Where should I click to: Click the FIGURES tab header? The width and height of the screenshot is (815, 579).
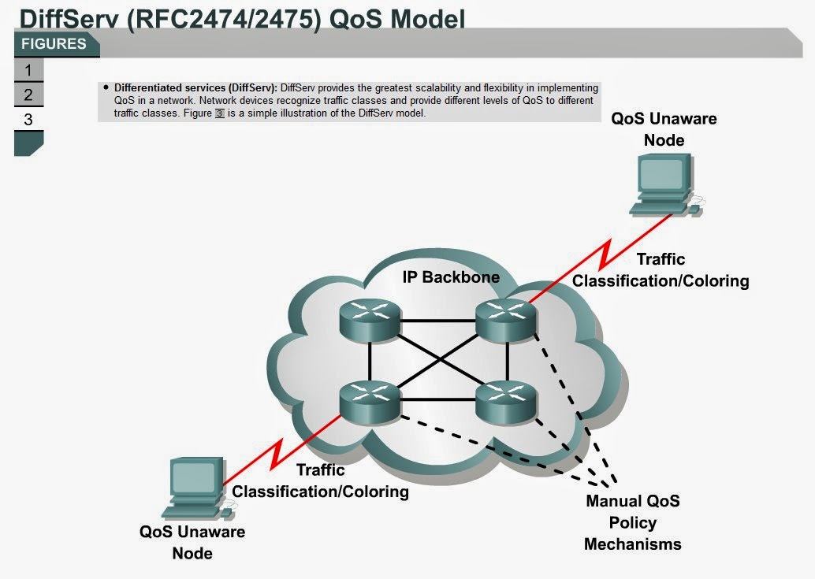point(54,44)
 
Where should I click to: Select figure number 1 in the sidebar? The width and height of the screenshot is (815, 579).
point(28,70)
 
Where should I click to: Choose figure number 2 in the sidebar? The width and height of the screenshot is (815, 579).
point(28,95)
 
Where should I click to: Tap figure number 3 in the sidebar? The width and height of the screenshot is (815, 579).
point(28,121)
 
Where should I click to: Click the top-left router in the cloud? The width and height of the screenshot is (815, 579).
point(370,319)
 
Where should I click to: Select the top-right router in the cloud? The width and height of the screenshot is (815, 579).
point(506,319)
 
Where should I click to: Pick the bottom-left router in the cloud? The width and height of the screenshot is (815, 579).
point(370,399)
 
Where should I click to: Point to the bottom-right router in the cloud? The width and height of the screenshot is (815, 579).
point(506,399)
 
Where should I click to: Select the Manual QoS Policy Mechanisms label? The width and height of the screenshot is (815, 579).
point(632,522)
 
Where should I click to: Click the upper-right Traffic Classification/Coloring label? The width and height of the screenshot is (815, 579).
point(661,270)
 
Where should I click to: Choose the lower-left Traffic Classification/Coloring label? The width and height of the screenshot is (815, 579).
point(320,481)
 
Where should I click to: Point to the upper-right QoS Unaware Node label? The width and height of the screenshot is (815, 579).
point(664,129)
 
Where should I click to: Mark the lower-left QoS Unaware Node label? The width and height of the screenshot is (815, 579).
point(192,542)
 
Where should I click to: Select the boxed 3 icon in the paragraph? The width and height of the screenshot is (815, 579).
point(220,113)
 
